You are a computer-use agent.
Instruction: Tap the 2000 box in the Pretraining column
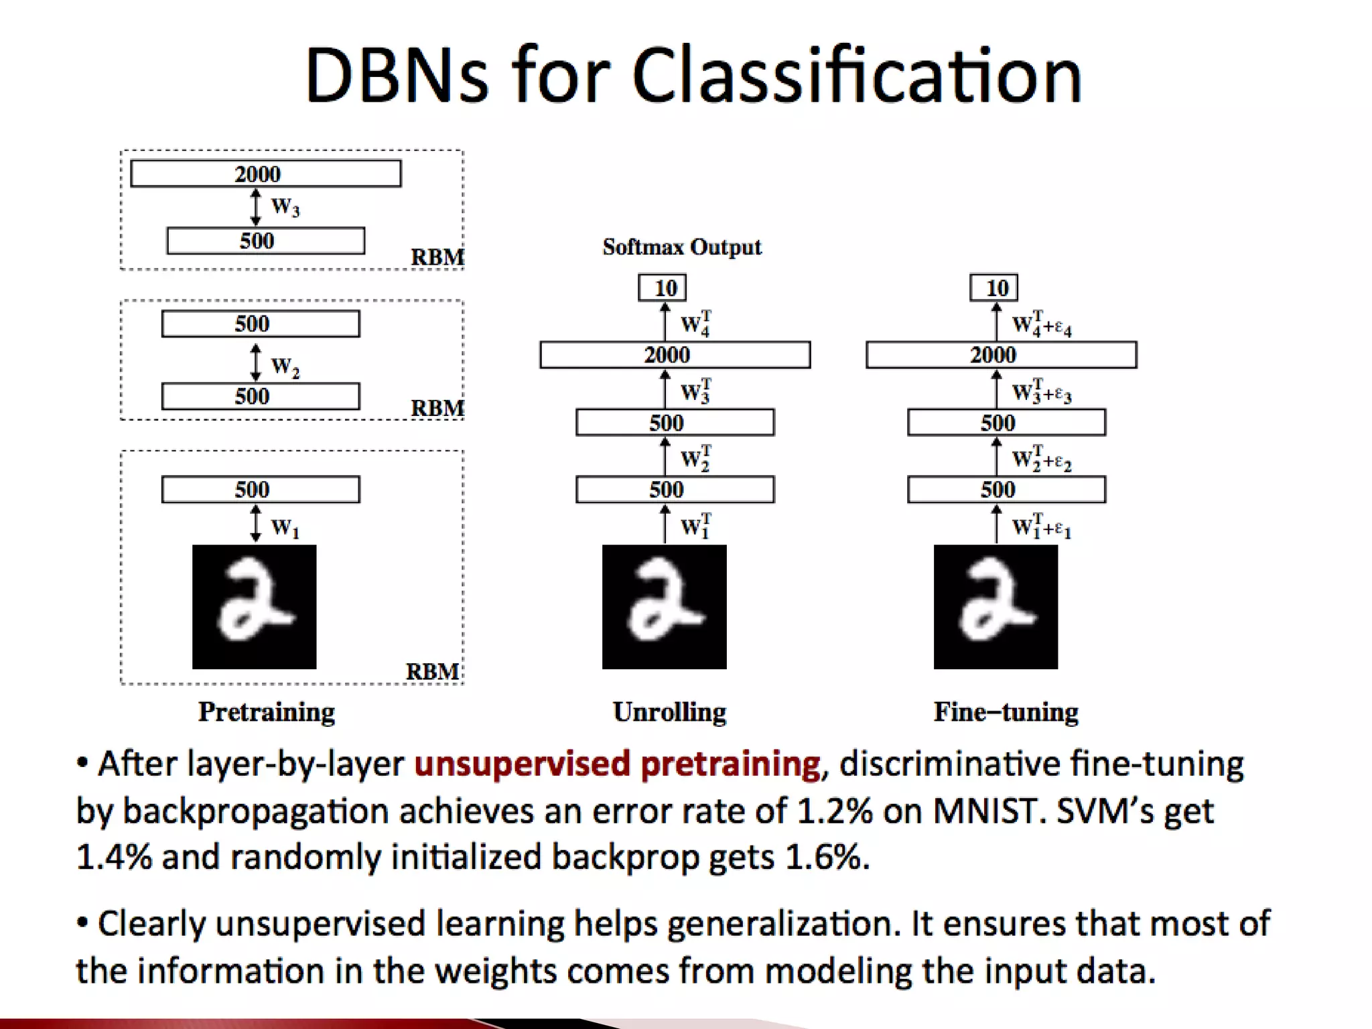(265, 174)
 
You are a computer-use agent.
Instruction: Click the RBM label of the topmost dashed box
(437, 257)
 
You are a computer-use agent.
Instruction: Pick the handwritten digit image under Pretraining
(254, 606)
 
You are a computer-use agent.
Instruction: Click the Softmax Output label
(681, 247)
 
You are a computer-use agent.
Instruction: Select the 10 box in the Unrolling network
(662, 288)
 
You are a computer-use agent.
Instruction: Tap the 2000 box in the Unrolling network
(675, 355)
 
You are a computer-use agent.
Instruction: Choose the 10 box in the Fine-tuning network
(994, 288)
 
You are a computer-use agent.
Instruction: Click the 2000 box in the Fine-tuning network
(1001, 355)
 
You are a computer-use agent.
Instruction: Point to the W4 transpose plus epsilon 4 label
(1042, 325)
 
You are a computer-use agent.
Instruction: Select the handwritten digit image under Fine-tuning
(996, 606)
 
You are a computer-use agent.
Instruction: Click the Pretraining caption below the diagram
(266, 711)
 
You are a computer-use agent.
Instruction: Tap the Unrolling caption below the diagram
(669, 711)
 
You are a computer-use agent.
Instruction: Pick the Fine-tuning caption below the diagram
(1006, 711)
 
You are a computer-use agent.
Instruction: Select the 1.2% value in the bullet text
(835, 811)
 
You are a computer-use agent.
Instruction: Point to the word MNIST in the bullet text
(989, 811)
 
